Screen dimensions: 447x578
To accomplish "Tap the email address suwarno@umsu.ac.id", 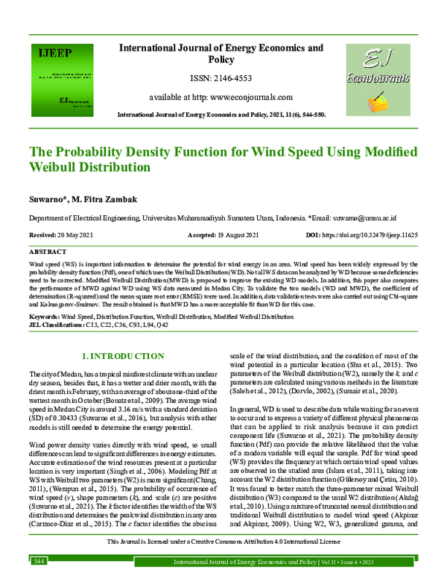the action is pyautogui.click(x=358, y=220).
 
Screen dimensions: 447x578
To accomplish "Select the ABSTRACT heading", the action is pyautogui.click(x=48, y=253).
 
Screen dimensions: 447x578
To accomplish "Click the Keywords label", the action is pyautogui.click(x=43, y=316).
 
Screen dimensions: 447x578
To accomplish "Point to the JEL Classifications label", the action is pyautogui.click(x=56, y=323).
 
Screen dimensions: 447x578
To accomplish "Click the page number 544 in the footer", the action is pyautogui.click(x=39, y=560).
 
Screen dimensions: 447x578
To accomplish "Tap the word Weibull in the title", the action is pyautogui.click(x=62, y=168).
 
